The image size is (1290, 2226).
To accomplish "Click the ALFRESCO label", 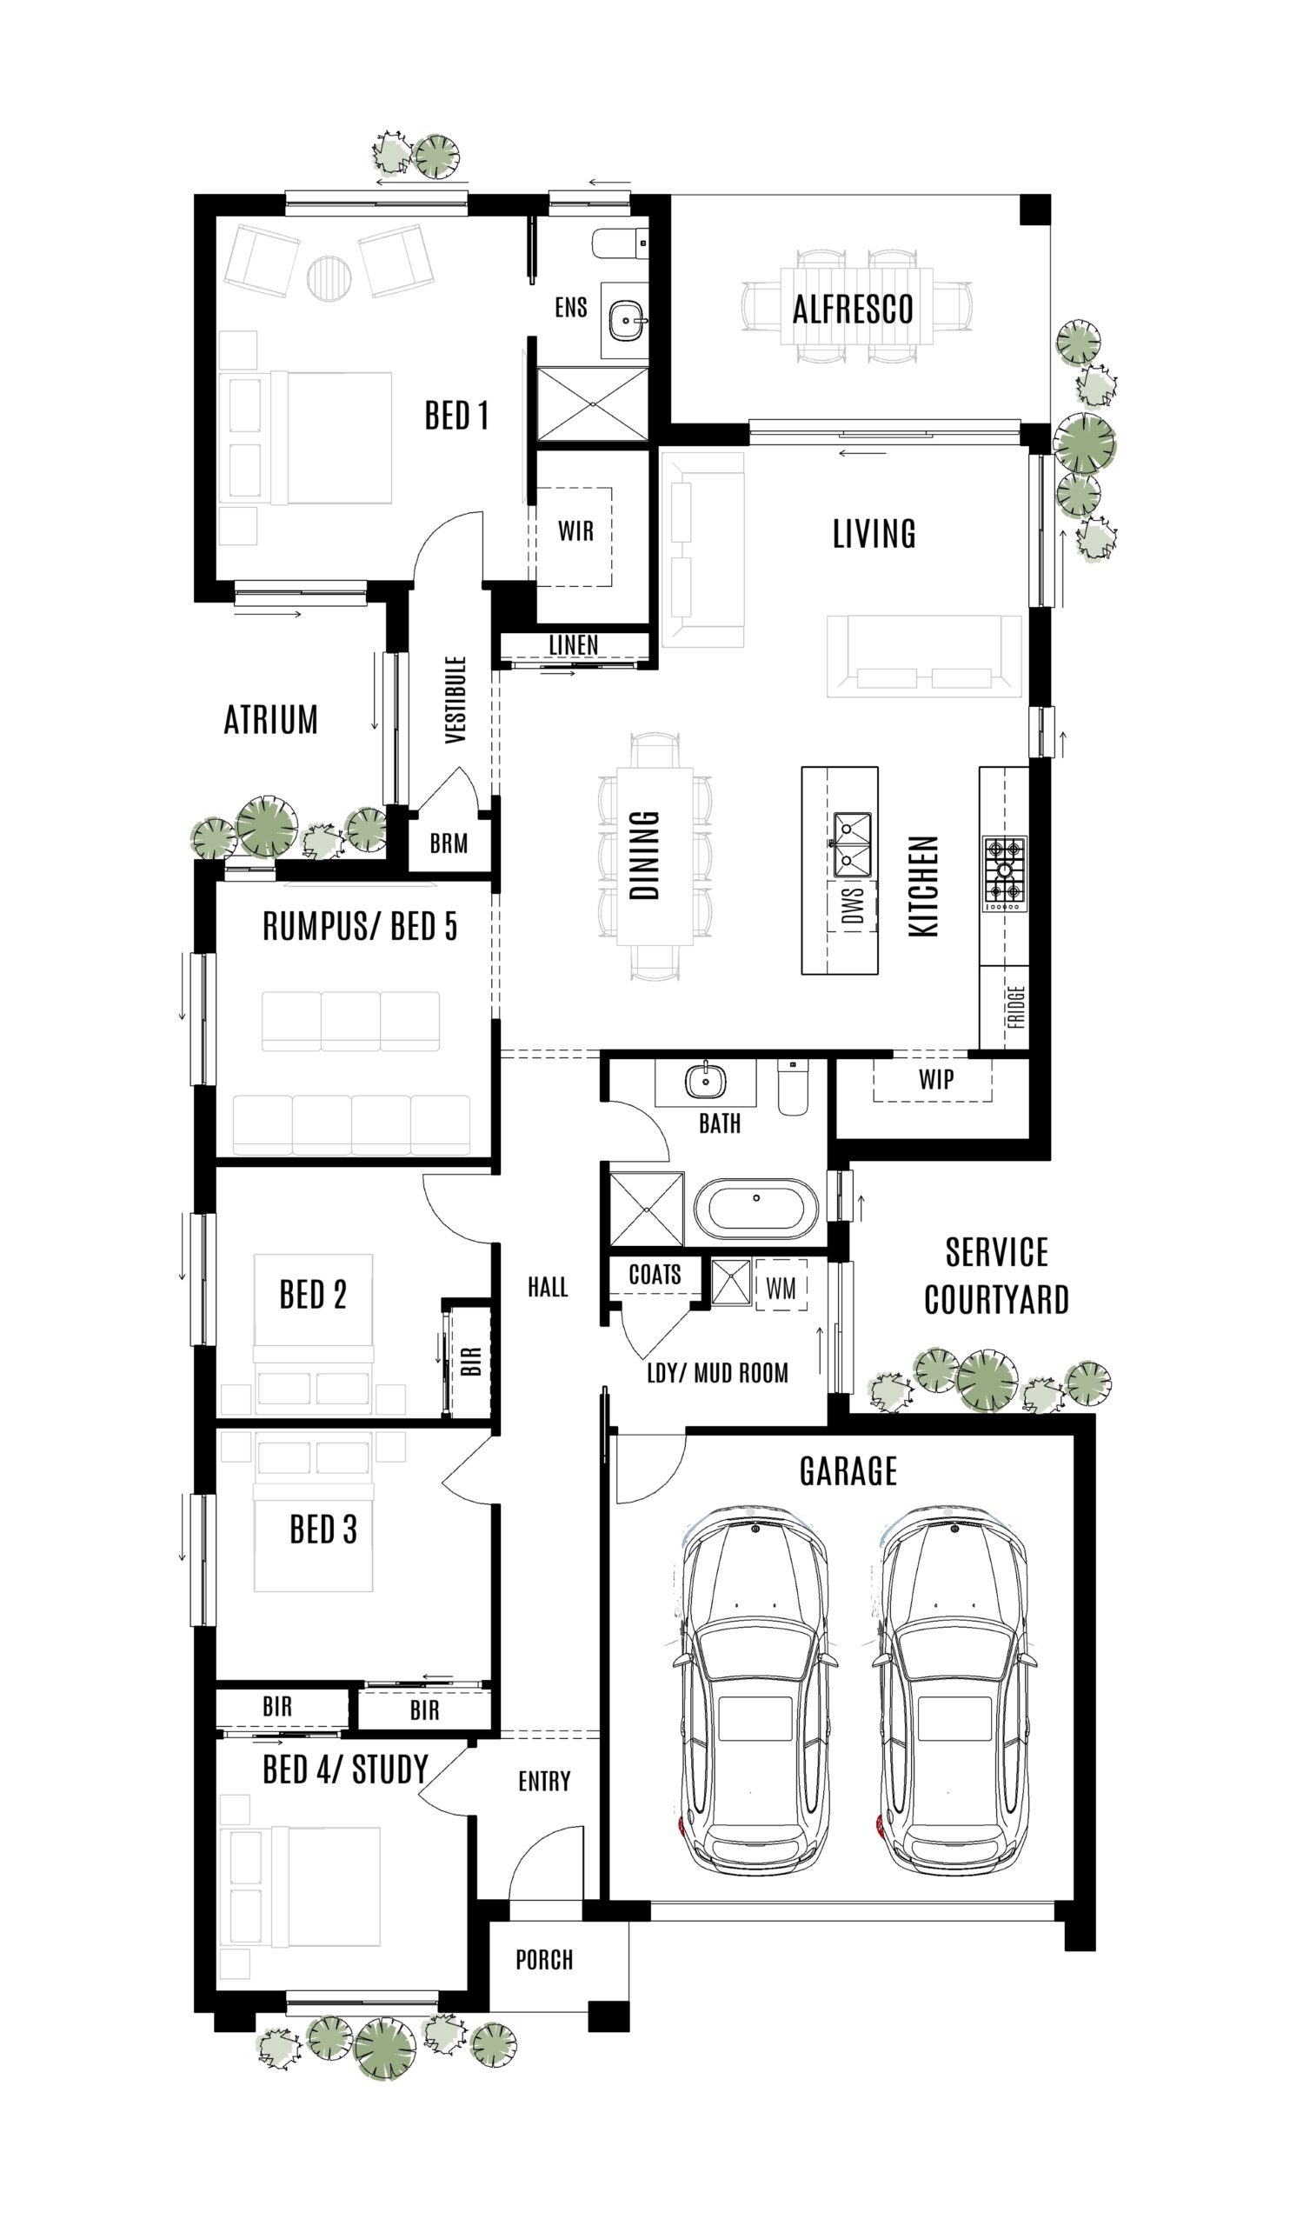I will (851, 310).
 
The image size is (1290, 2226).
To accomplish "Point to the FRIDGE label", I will (1015, 1007).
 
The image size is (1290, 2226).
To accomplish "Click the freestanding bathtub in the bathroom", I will (755, 1207).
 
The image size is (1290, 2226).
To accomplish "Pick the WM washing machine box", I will (781, 1288).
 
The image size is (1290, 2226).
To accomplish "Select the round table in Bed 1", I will (329, 277).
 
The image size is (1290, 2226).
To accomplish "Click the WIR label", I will (575, 531).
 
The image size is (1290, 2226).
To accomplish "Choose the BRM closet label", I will (449, 843).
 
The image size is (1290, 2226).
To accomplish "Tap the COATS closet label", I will (655, 1274).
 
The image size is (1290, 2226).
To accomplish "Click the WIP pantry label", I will (935, 1079).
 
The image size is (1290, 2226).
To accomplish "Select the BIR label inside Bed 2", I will (471, 1360).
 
